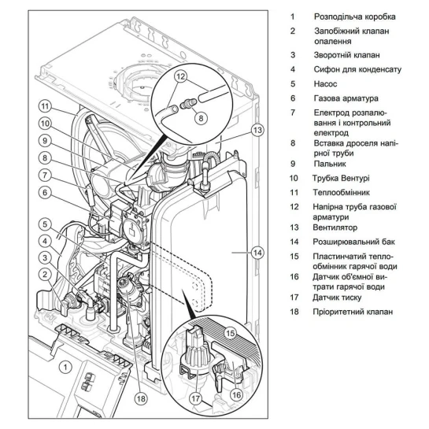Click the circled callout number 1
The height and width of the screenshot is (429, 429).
(x=65, y=367)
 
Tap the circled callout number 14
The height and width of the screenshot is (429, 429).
(x=257, y=252)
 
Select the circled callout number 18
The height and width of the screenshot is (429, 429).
(x=141, y=398)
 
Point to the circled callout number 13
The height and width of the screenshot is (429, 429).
(x=257, y=130)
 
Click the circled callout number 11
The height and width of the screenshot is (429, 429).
(x=46, y=106)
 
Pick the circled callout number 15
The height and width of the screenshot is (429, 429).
(x=231, y=333)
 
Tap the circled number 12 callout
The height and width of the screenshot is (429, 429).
(x=181, y=76)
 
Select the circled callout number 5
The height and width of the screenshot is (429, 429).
(x=45, y=224)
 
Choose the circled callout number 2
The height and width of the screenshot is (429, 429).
(x=45, y=275)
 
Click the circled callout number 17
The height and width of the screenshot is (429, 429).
(x=196, y=398)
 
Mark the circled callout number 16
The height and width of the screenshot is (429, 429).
(x=236, y=394)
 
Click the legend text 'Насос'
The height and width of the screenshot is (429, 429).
(x=325, y=83)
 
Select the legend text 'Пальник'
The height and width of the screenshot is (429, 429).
(x=329, y=164)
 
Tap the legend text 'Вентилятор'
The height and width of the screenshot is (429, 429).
(x=335, y=227)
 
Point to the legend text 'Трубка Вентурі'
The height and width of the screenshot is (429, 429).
(x=341, y=178)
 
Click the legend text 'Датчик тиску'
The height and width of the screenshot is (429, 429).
(x=337, y=298)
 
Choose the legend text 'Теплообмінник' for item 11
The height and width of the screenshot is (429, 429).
(x=341, y=192)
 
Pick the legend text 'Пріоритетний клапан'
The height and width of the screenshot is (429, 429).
(x=353, y=312)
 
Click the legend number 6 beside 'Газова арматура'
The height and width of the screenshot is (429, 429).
(x=293, y=98)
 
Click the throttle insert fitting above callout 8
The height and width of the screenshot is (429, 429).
(x=188, y=104)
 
